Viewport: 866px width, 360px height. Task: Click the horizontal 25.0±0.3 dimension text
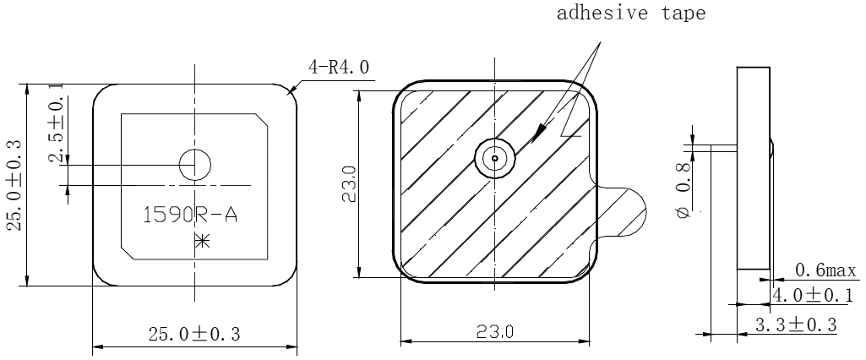(193, 335)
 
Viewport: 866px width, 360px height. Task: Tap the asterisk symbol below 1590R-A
(201, 241)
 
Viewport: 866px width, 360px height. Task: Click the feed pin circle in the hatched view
(493, 158)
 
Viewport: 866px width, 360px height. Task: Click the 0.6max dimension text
(825, 271)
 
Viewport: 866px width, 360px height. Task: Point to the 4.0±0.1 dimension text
(813, 295)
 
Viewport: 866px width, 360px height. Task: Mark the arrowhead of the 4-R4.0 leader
(292, 89)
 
